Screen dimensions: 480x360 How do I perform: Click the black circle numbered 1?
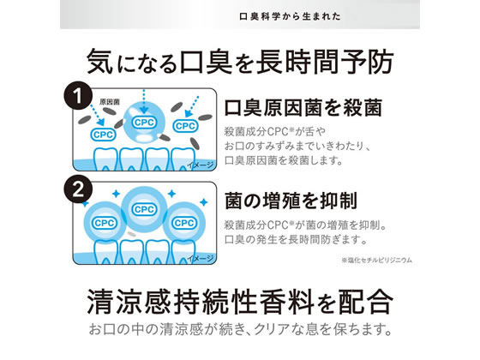pos(78,95)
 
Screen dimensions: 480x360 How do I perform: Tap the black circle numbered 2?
pos(78,189)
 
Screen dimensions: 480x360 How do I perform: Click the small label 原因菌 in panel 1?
pos(110,102)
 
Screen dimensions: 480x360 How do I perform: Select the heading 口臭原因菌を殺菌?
pos(303,108)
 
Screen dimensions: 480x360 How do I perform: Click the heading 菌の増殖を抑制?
pos(291,201)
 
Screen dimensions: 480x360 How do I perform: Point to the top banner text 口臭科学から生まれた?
pos(290,16)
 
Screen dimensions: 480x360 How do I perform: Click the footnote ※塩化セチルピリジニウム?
pos(377,261)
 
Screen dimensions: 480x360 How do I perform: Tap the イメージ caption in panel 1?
pos(201,165)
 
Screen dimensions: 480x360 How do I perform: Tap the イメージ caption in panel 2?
pos(201,258)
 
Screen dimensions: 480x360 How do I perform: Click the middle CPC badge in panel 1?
pos(144,123)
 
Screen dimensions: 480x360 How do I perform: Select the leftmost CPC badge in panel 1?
pos(104,135)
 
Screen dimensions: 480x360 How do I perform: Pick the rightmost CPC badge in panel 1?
pos(185,126)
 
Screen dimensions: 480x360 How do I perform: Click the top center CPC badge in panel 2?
pos(144,209)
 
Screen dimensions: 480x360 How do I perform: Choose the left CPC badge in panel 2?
pos(105,223)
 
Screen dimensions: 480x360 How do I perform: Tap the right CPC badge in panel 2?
pos(184,223)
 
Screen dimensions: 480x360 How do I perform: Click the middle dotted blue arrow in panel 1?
pos(144,102)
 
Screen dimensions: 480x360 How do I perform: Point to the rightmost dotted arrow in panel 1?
pos(192,107)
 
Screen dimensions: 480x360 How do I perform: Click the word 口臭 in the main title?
pos(206,63)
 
